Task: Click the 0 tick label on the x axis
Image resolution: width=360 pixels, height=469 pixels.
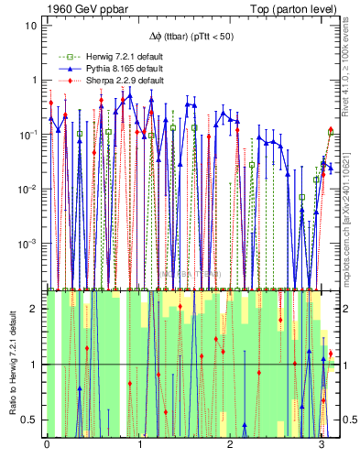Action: pyautogui.click(x=47, y=443)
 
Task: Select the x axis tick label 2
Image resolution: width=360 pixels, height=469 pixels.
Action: pyautogui.click(x=230, y=443)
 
